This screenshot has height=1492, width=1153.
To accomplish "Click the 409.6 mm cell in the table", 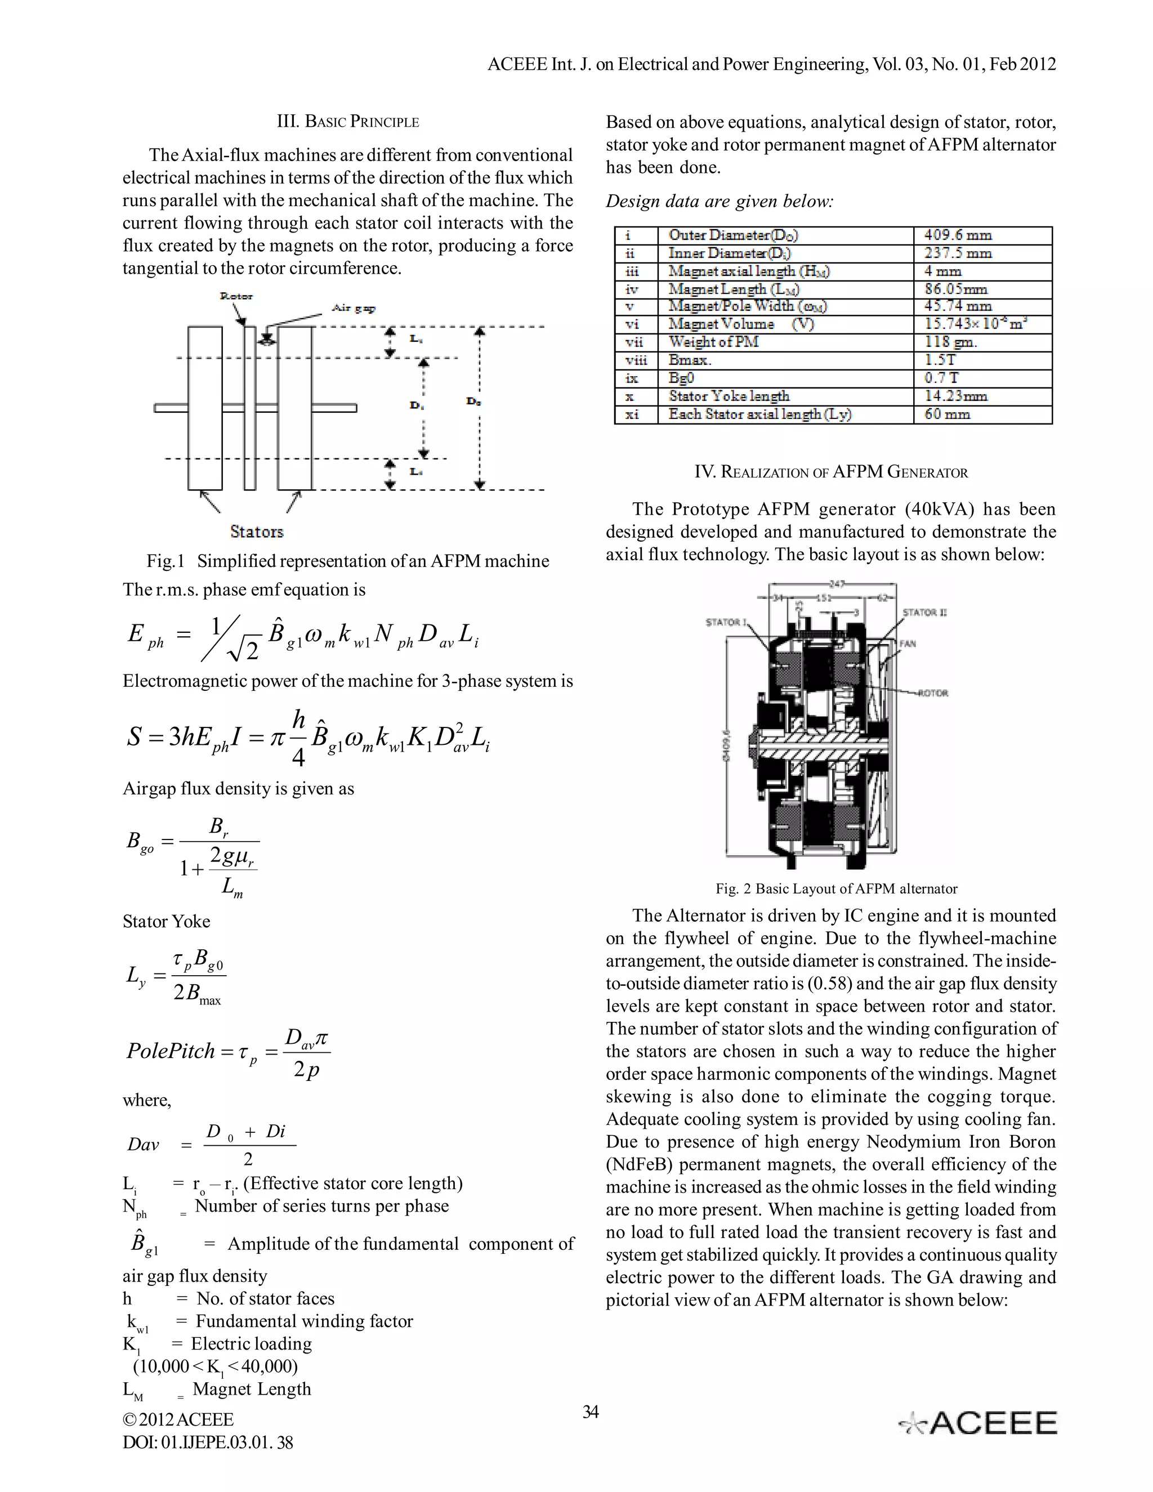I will [958, 235].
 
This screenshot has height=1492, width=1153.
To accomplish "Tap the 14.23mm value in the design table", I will [955, 396].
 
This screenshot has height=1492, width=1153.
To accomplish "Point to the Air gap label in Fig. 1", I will [353, 308].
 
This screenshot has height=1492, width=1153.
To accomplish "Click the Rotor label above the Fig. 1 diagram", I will [236, 296].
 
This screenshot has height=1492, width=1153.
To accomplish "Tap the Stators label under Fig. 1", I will [256, 531].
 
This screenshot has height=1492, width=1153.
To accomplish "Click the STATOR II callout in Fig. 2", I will [924, 612].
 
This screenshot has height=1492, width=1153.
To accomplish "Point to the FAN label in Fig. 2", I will [907, 644].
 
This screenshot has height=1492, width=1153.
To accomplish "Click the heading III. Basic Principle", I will [348, 122].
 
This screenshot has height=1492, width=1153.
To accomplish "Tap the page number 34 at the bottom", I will [590, 1412].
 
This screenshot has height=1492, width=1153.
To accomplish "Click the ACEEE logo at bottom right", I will [977, 1423].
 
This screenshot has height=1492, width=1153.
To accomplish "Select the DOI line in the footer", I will [208, 1442].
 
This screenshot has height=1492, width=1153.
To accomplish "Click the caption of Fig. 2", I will [836, 889].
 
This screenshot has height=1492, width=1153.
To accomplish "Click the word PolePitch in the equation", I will [171, 1050].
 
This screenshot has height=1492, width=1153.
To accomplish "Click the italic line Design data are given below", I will [719, 202].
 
